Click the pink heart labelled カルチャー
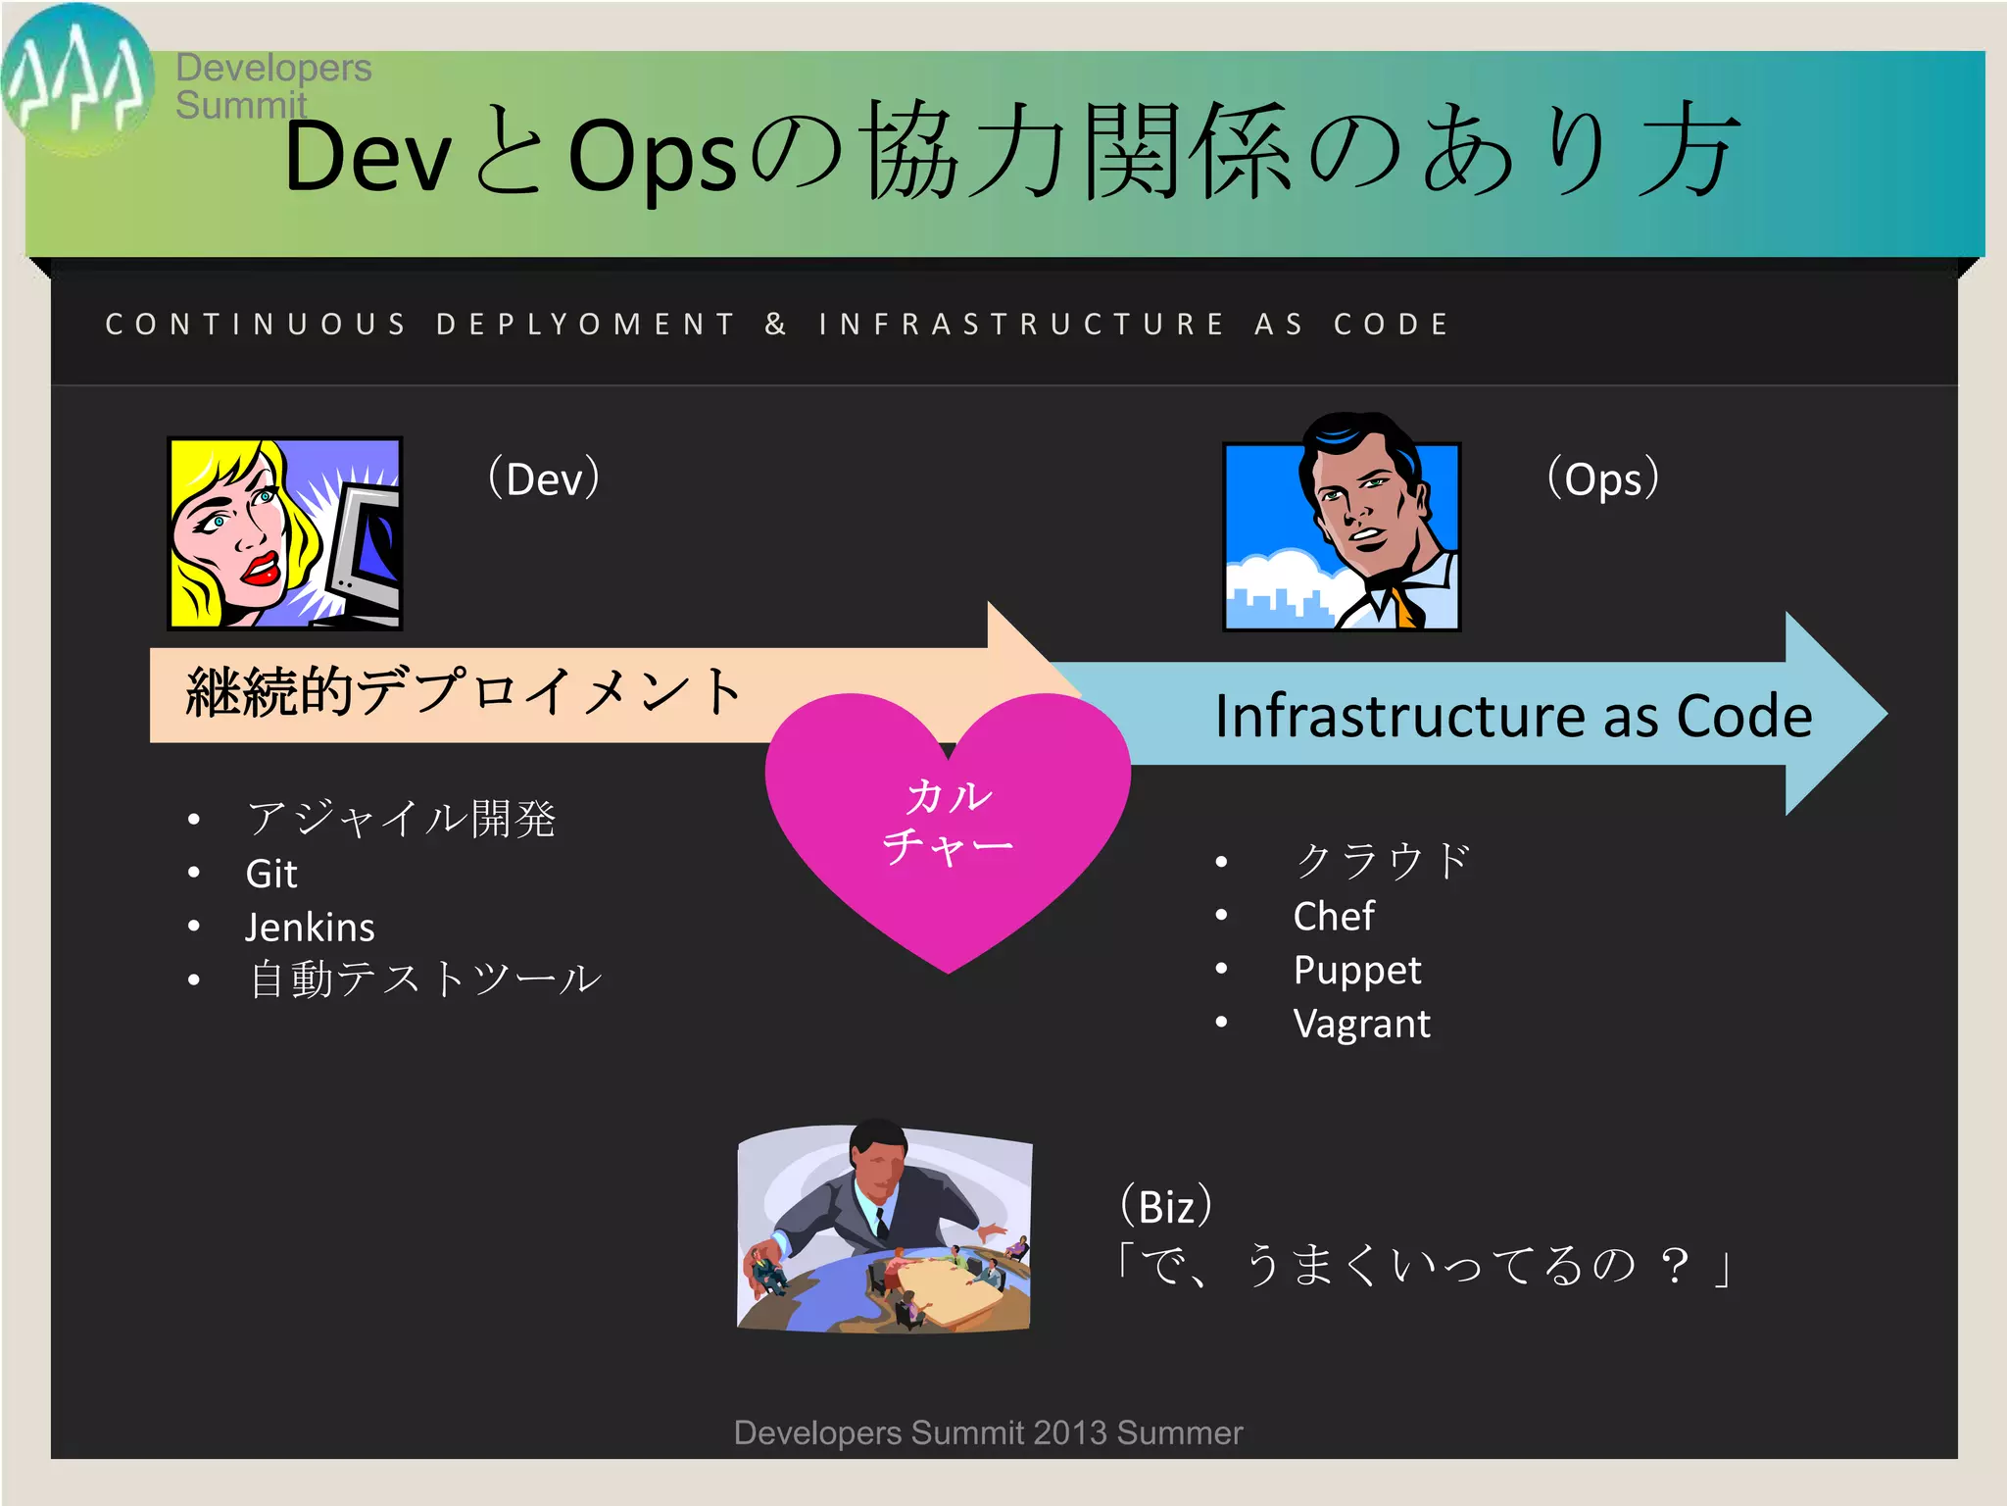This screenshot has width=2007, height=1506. (x=947, y=824)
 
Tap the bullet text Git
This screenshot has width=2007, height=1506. (x=271, y=874)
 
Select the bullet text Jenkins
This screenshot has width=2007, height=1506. (x=310, y=928)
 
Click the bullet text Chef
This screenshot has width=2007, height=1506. (x=1333, y=917)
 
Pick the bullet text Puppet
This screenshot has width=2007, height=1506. (x=1356, y=971)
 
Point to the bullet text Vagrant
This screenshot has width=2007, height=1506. (x=1361, y=1024)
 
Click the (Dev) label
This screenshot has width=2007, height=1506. (x=544, y=478)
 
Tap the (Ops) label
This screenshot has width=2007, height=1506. (x=1602, y=478)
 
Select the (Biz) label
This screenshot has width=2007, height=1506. (x=1166, y=1206)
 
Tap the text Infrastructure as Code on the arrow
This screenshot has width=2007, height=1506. (x=1513, y=716)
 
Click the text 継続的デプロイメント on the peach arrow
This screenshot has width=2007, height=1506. (x=464, y=691)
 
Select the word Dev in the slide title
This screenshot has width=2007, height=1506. (x=367, y=157)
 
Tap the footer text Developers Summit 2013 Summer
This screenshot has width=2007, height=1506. (x=988, y=1432)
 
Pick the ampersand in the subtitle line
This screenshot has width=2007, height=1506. (x=775, y=325)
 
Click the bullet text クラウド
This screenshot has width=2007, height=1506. (x=1383, y=861)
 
